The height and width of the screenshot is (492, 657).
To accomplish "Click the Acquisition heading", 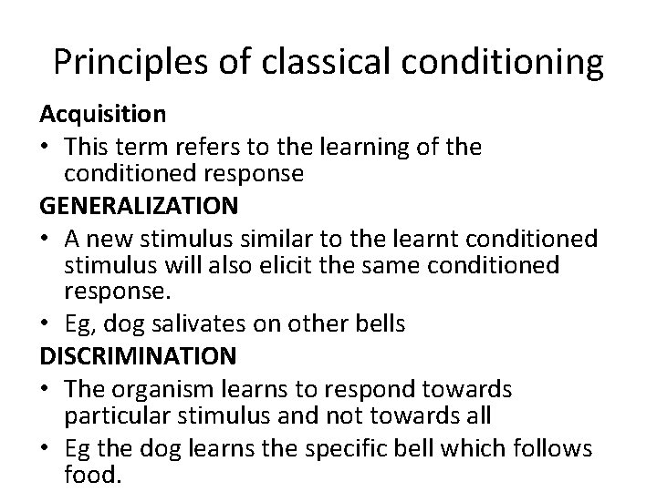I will click(x=102, y=114).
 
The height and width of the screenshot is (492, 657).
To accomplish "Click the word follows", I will click(x=558, y=448).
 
